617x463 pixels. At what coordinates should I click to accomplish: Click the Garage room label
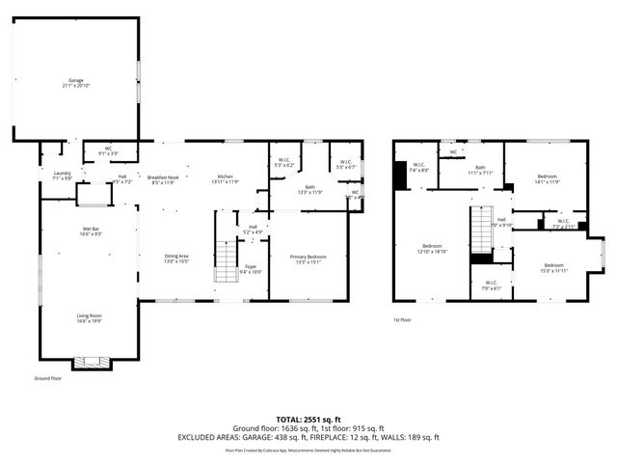pyautogui.click(x=76, y=82)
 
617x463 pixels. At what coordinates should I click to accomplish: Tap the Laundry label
pyautogui.click(x=63, y=176)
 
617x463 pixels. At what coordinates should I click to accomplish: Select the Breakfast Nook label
pyautogui.click(x=161, y=179)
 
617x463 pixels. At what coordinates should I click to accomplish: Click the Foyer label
pyautogui.click(x=250, y=268)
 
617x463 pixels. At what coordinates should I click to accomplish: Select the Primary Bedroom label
pyautogui.click(x=308, y=259)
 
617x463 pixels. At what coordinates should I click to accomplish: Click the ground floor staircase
pyautogui.click(x=225, y=260)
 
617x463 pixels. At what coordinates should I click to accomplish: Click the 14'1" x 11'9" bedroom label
pyautogui.click(x=547, y=178)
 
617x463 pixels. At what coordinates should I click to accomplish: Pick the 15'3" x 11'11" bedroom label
pyautogui.click(x=553, y=267)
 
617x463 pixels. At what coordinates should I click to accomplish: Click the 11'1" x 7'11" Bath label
pyautogui.click(x=479, y=170)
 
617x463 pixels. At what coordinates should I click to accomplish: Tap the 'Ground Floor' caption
pyautogui.click(x=48, y=379)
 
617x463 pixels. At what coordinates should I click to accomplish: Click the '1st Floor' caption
pyautogui.click(x=402, y=319)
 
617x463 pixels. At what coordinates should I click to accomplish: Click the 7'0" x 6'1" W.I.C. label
pyautogui.click(x=490, y=285)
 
